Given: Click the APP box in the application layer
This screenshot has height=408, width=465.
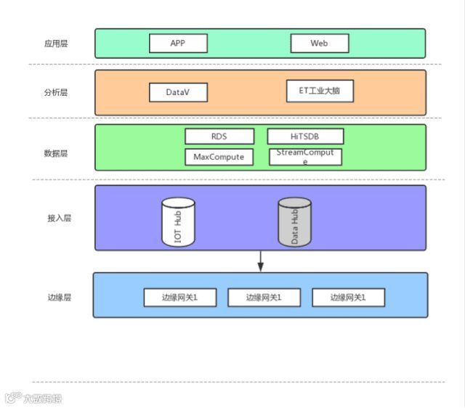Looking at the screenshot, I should point(178,44).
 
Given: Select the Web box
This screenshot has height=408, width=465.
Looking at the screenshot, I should point(319,44).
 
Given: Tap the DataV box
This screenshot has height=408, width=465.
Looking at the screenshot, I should point(178,92).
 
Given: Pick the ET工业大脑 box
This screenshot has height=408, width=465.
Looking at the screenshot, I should point(320,91).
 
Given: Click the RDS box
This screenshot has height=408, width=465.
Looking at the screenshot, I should point(219,136).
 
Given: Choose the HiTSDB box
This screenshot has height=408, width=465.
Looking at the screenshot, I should point(305,136).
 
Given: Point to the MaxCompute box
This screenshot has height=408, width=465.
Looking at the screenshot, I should point(219,157).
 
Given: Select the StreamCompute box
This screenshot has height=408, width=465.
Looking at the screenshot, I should point(305,157).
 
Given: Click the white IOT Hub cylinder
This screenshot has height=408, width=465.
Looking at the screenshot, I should point(178,221).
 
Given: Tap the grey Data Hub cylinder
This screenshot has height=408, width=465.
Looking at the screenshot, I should point(294,222).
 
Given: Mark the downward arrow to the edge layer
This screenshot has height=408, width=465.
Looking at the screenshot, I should point(260,262).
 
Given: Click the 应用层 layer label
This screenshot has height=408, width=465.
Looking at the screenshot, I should point(56,44).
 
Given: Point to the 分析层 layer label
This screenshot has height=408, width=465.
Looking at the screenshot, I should point(56,92).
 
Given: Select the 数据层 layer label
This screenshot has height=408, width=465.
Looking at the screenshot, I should point(56,153).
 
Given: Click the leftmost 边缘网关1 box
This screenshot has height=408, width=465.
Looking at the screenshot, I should point(179,298).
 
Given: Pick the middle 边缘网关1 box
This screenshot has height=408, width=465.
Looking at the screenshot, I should point(264,298).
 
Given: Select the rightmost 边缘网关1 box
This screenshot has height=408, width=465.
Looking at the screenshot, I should point(348,298).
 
